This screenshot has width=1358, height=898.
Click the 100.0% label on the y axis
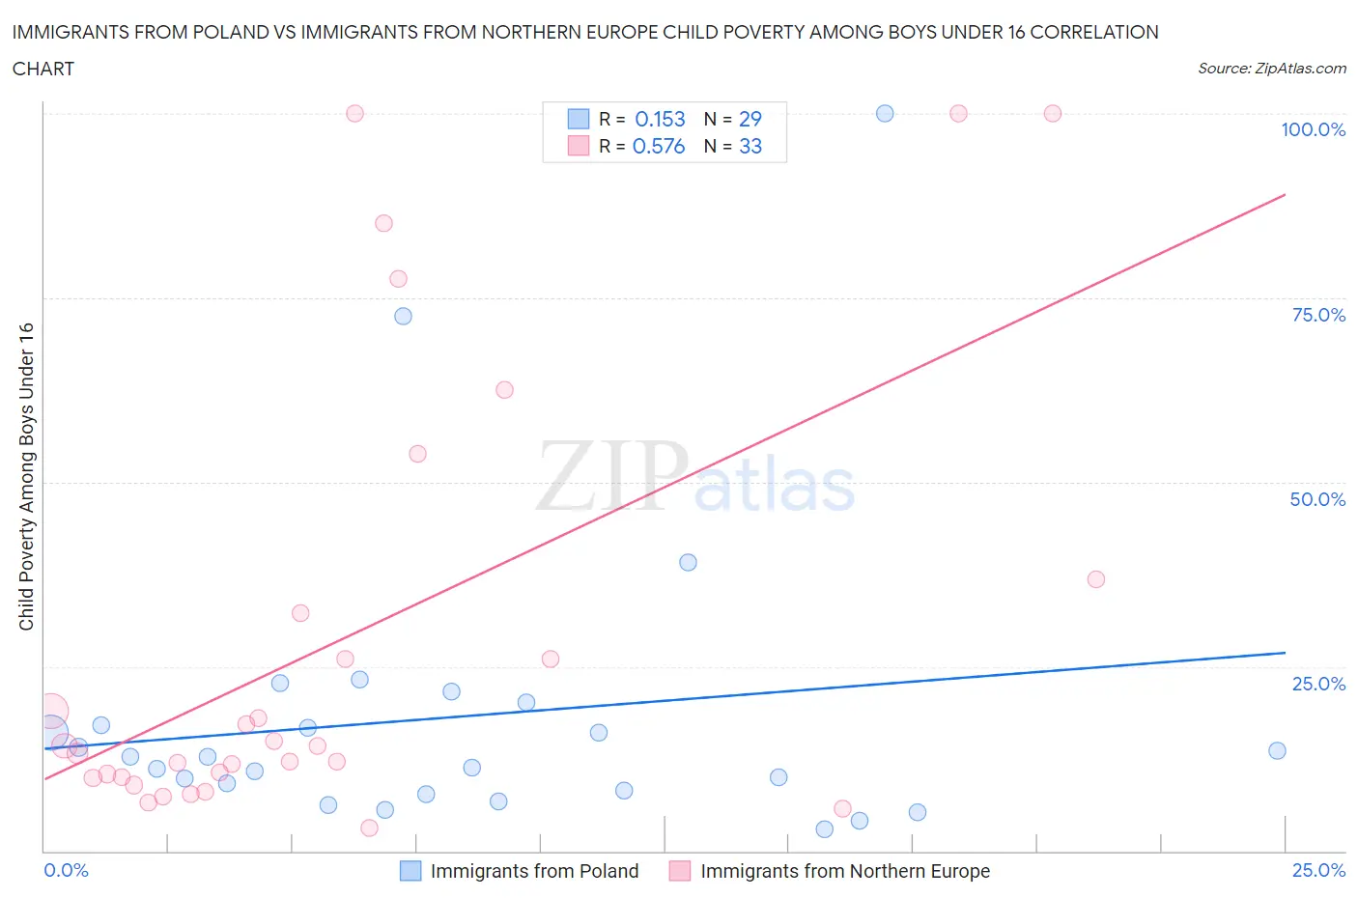pyautogui.click(x=1313, y=129)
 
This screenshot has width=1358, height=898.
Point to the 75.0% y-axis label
pyautogui.click(x=1318, y=315)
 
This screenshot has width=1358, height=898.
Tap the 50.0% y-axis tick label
pyautogui.click(x=1317, y=499)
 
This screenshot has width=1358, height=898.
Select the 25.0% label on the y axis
pyautogui.click(x=1318, y=684)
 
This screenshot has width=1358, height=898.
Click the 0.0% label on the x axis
pyautogui.click(x=66, y=870)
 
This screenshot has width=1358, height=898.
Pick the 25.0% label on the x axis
pyautogui.click(x=1318, y=870)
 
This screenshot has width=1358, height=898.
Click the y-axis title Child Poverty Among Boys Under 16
pyautogui.click(x=26, y=476)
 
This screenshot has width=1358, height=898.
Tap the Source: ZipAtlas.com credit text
pyautogui.click(x=1271, y=68)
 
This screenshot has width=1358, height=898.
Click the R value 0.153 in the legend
pyautogui.click(x=660, y=119)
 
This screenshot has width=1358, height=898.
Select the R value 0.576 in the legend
pyautogui.click(x=659, y=146)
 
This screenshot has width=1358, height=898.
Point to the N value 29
pyautogui.click(x=750, y=119)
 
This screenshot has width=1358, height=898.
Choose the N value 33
pyautogui.click(x=750, y=146)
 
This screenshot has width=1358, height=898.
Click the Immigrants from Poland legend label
pyautogui.click(x=534, y=871)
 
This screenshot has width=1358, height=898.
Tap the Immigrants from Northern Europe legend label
pyautogui.click(x=845, y=871)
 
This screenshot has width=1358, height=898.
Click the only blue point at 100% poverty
pyautogui.click(x=885, y=113)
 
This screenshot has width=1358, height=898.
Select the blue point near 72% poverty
pyautogui.click(x=404, y=316)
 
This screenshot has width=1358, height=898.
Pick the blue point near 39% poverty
pyautogui.click(x=688, y=562)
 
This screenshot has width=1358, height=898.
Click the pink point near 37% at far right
pyautogui.click(x=1095, y=579)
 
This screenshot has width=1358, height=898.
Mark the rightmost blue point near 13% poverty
pyautogui.click(x=1277, y=750)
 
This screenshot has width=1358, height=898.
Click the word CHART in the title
pyautogui.click(x=43, y=69)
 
